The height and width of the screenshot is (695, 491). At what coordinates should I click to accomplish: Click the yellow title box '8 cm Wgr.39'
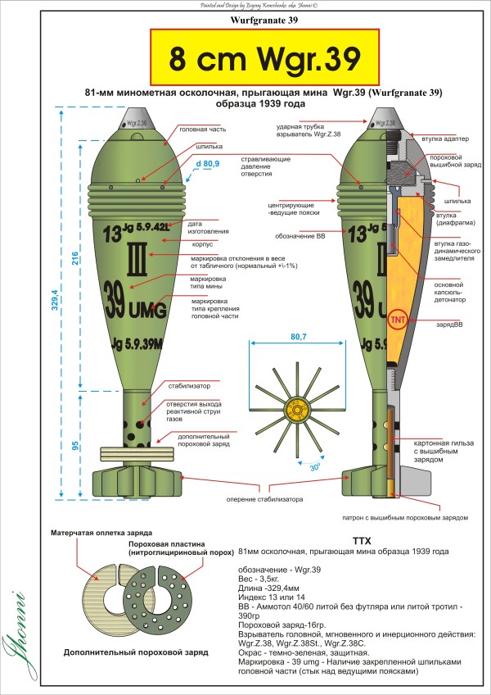pyautogui.click(x=265, y=58)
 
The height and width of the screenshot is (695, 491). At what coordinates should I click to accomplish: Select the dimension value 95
pyautogui.click(x=74, y=446)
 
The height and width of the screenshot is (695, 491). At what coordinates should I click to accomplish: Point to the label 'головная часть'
pyautogui.click(x=201, y=129)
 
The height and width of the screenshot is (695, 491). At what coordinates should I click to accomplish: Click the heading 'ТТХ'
pyautogui.click(x=361, y=542)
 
